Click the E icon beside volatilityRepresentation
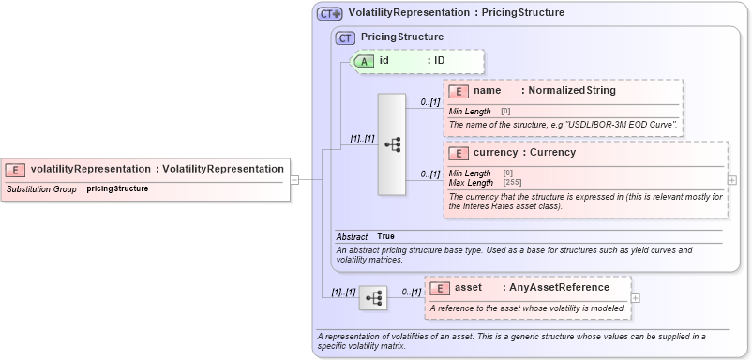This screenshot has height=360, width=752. coord(15,170)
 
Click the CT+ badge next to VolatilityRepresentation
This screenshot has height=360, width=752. coord(329,14)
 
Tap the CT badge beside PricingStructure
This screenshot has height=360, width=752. coord(346,37)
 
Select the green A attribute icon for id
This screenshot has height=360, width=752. coord(363,61)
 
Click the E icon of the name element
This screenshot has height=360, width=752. coord(459,91)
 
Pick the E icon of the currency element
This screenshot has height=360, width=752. coord(459,153)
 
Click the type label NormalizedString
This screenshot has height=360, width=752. coord(571,91)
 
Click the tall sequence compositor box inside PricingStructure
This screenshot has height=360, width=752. coord(391,144)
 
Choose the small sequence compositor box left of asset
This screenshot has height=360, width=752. coord(373,298)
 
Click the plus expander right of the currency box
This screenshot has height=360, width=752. coord(732,180)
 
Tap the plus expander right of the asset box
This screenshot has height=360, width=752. coord(636,298)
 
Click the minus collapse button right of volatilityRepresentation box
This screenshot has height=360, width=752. coord(293,178)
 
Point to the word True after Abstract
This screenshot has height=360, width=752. coord(386,236)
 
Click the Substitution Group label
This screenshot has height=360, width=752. coord(41,188)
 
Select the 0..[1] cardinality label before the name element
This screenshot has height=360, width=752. coord(430,102)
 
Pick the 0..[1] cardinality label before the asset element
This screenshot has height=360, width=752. coord(411,292)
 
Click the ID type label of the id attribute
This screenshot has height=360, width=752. coord(439,61)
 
